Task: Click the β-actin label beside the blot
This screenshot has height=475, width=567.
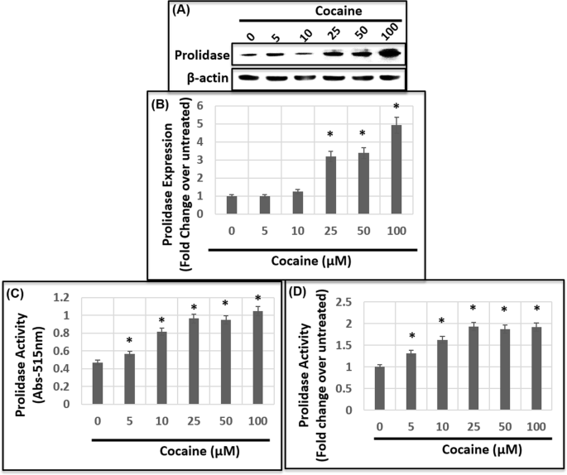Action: pyautogui.click(x=204, y=80)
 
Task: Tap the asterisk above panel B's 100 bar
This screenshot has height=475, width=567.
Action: pyautogui.click(x=396, y=108)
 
